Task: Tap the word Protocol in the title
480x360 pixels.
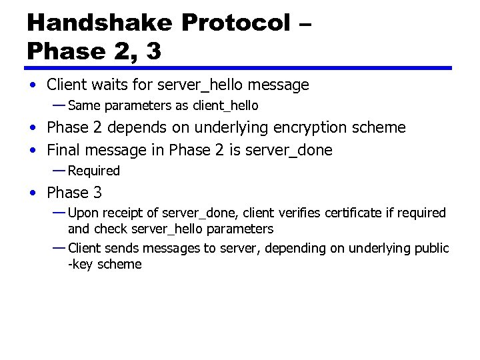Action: pyautogui.click(x=235, y=22)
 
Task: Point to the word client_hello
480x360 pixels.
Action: pyautogui.click(x=225, y=106)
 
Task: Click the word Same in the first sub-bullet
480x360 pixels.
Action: pyautogui.click(x=82, y=106)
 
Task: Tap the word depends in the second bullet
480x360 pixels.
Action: pyautogui.click(x=133, y=127)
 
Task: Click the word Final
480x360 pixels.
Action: pyautogui.click(x=65, y=150)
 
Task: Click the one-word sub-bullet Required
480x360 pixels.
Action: pyautogui.click(x=94, y=171)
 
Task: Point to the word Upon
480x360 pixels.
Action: pyautogui.click(x=83, y=213)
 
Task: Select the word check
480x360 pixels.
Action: pyautogui.click(x=111, y=229)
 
